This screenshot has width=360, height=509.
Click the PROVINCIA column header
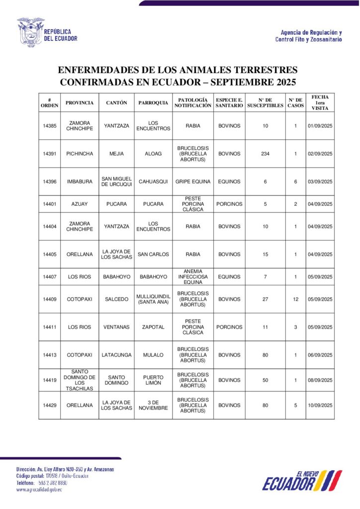80,103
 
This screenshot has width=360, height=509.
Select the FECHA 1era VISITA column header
320,102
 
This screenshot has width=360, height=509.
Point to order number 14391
50,154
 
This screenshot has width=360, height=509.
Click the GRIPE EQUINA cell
193,182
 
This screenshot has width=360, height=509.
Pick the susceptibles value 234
265,154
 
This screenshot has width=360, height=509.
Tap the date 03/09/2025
320,182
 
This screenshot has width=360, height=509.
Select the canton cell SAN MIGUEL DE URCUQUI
116,182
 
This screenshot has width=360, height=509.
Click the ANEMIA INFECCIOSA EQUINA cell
193,277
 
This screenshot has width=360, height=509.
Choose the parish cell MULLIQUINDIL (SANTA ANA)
153,299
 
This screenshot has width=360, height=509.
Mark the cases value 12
295,299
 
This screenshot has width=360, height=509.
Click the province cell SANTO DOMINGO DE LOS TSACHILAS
80,380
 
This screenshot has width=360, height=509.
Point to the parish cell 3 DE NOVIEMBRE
153,405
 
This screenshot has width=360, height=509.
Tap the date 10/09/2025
320,405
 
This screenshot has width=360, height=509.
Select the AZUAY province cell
80,204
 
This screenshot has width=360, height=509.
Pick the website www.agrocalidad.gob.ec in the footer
39,490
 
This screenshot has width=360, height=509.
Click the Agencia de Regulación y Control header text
308,36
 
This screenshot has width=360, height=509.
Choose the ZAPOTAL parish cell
153,328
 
